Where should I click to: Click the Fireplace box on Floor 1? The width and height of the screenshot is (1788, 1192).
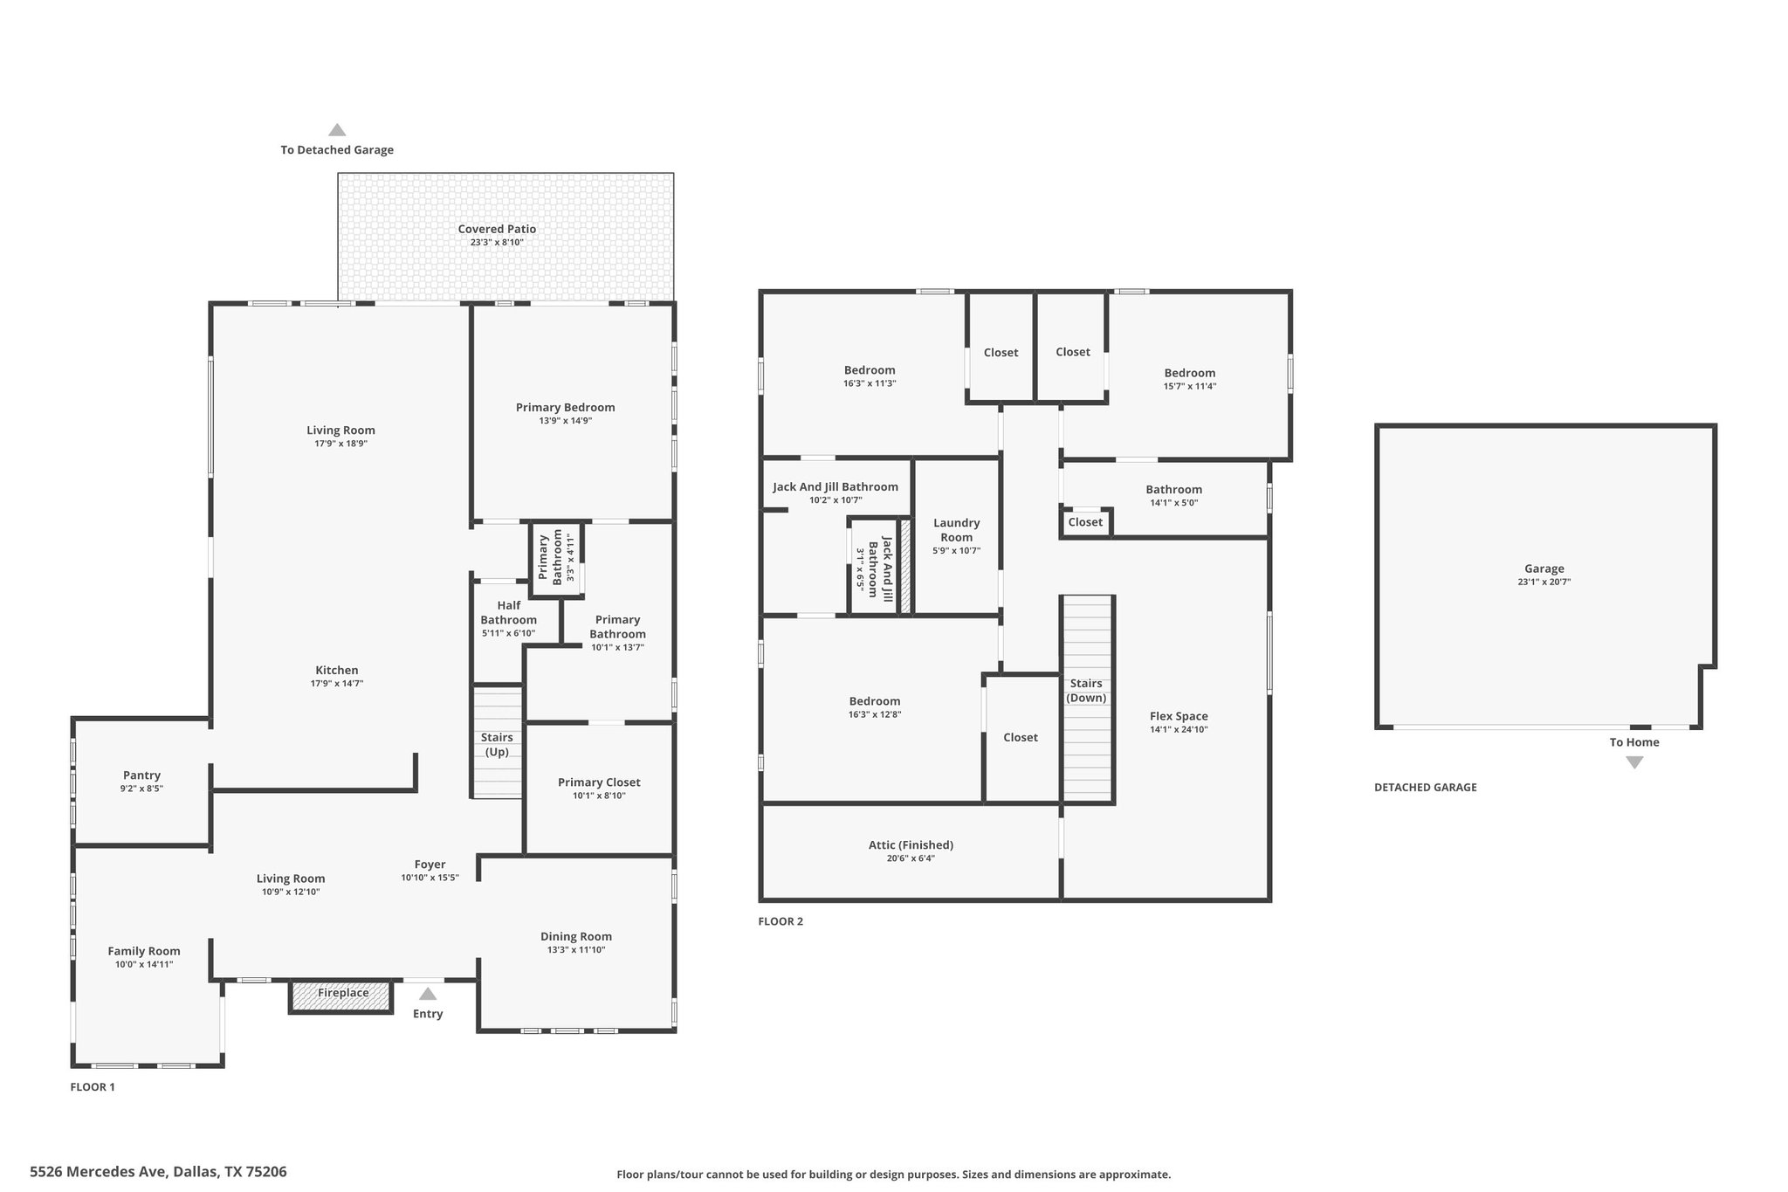[341, 996]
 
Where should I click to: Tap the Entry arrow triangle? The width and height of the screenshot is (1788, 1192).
[428, 993]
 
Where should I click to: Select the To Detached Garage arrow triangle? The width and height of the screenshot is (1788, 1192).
[337, 130]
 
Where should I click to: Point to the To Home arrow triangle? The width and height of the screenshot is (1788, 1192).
[1634, 762]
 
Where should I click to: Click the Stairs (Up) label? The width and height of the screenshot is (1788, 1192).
[497, 745]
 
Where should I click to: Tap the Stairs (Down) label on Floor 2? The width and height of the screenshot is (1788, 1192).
[1086, 691]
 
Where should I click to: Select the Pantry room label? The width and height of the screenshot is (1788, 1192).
[141, 775]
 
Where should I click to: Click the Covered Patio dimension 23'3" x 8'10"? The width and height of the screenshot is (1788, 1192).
[497, 243]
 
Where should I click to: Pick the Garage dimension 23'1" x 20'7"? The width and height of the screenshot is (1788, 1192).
[1544, 582]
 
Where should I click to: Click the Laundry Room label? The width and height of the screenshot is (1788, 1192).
[957, 530]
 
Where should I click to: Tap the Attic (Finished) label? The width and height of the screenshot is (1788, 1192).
[911, 845]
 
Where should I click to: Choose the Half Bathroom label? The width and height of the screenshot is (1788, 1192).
[508, 613]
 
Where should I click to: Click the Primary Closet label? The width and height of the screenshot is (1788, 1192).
[599, 782]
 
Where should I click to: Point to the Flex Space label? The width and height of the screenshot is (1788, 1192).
[1179, 716]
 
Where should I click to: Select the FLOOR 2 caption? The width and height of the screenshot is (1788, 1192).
[781, 921]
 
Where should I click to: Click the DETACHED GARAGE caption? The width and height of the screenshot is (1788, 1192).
[1426, 787]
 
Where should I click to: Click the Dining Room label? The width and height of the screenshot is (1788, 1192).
[576, 936]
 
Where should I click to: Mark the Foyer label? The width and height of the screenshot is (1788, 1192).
[430, 865]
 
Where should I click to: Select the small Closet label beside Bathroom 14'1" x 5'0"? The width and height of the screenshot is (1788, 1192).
[1085, 522]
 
